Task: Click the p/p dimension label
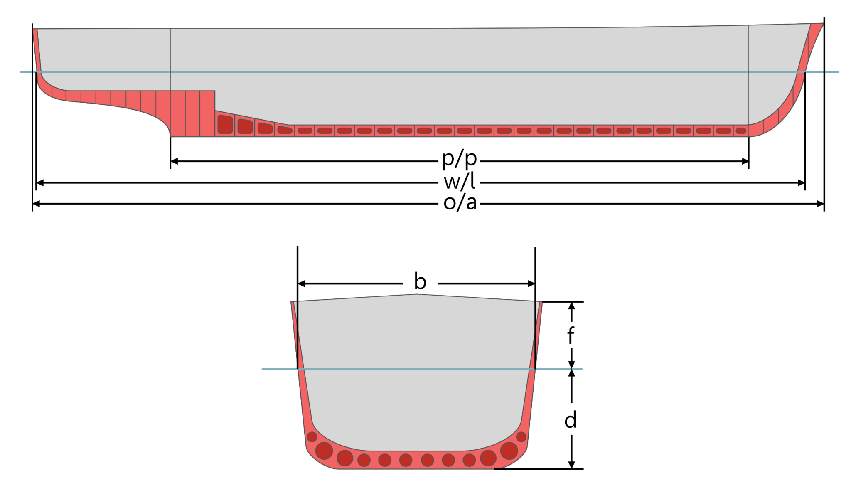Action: [459, 159]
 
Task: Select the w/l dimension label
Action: [460, 182]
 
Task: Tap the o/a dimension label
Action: [460, 203]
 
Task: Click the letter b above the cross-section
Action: [420, 281]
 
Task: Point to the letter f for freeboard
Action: [571, 335]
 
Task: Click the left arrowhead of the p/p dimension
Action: [174, 161]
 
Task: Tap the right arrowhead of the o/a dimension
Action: [821, 204]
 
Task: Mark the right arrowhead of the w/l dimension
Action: [802, 182]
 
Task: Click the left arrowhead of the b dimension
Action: [302, 283]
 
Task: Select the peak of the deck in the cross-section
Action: [416, 294]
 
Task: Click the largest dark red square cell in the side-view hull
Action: [225, 124]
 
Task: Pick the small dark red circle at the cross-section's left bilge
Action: [312, 437]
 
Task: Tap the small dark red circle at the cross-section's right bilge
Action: [521, 437]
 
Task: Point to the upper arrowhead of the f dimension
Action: [572, 306]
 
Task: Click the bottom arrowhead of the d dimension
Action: [572, 465]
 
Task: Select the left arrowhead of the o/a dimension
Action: [36, 204]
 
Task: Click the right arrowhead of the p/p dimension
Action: [745, 161]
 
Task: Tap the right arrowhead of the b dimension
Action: [531, 283]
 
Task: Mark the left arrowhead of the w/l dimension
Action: [40, 182]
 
